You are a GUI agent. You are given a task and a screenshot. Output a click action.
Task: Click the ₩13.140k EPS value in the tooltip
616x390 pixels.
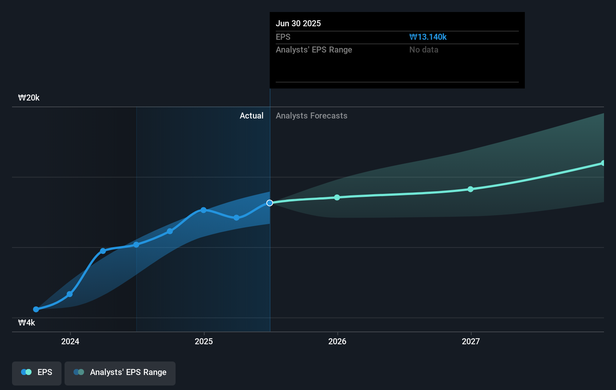coord(428,37)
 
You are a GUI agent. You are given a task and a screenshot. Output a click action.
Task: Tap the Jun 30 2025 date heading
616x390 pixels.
coord(298,24)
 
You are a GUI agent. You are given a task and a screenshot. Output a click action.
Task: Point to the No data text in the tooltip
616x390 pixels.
coord(424,50)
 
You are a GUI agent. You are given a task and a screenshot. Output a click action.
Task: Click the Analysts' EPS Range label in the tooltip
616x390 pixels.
coord(314,50)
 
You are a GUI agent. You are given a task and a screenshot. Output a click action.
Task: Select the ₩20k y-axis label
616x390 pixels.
coord(29,98)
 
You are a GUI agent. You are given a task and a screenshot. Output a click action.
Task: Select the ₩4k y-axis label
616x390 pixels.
coord(27,323)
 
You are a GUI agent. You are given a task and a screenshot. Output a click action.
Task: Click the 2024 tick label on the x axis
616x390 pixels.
coord(70,342)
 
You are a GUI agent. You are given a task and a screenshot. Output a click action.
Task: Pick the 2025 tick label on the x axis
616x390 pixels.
coord(204,342)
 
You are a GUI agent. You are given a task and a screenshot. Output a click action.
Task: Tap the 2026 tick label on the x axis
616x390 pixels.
coord(337,342)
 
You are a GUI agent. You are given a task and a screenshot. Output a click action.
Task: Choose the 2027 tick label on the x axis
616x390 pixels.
coord(471,342)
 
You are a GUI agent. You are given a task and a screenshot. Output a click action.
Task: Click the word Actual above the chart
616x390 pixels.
coord(251,116)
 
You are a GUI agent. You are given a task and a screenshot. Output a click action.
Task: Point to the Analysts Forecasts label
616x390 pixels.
coord(311,116)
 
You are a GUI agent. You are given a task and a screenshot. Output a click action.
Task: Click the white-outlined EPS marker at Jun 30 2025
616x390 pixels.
coord(270,203)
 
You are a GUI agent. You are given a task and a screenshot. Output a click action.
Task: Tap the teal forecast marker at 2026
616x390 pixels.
coord(337,197)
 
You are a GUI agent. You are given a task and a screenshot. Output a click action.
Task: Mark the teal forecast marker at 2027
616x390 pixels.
coord(470,189)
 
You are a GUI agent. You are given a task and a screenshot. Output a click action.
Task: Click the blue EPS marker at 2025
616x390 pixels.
coord(203,210)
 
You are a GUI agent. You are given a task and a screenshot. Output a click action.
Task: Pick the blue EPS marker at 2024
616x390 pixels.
coord(70,294)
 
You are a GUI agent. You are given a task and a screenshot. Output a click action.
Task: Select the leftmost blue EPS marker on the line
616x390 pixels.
coord(36,309)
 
